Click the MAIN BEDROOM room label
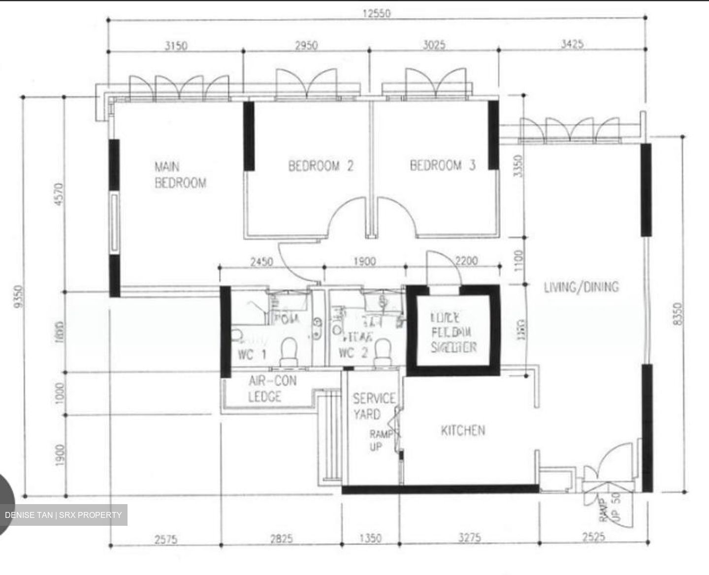[180, 175]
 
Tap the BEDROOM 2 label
[321, 166]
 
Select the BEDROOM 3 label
[443, 165]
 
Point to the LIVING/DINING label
[581, 287]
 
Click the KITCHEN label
[462, 431]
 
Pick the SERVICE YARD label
[373, 406]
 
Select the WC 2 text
[353, 353]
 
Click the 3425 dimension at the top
[572, 44]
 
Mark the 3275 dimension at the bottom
[469, 538]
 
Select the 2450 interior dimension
[261, 261]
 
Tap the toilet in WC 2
[382, 352]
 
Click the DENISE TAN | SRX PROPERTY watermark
[64, 515]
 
